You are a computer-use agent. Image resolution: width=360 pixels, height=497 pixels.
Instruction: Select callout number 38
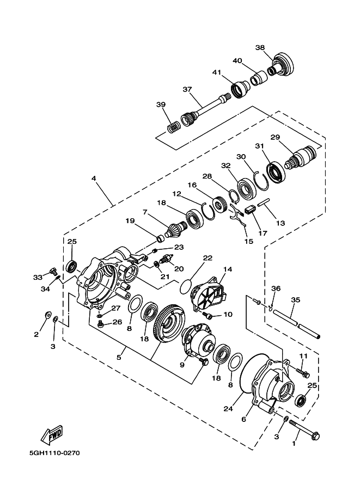coord(260,47)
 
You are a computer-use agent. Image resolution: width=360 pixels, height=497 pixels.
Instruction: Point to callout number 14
coord(227,269)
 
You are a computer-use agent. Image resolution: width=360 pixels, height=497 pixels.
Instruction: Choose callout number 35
coord(296,299)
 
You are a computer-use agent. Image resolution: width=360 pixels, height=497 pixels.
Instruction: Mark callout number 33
coord(37,277)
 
